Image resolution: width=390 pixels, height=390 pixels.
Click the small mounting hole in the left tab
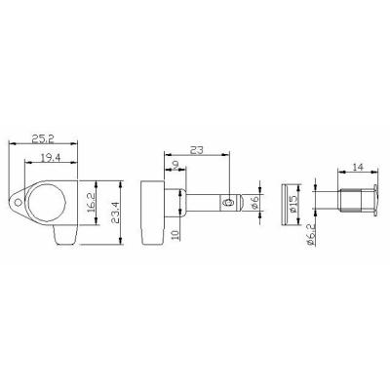click(x=15, y=203)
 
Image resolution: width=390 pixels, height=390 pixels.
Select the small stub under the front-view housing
click(x=62, y=237)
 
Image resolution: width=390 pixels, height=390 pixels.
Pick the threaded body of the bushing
click(x=346, y=203)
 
